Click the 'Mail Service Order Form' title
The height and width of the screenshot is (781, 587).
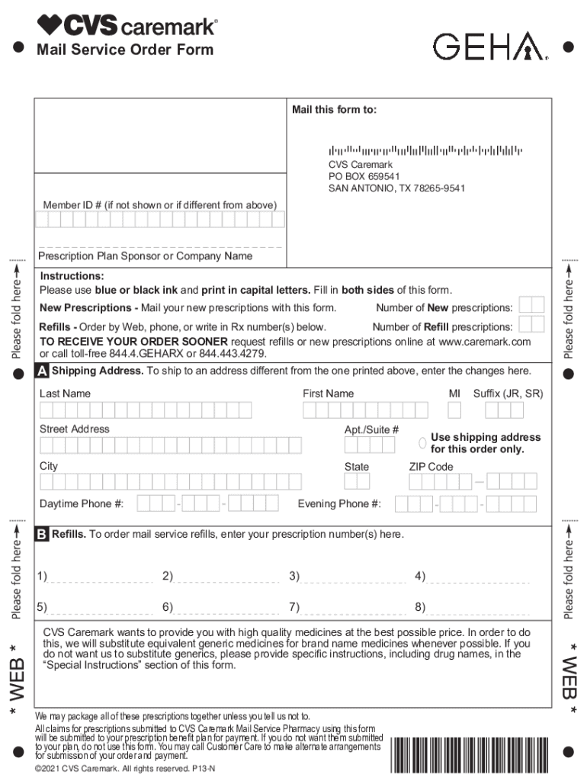pyautogui.click(x=125, y=50)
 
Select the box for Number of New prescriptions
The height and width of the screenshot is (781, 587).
pyautogui.click(x=531, y=305)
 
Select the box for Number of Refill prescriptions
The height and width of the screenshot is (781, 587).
pyautogui.click(x=531, y=325)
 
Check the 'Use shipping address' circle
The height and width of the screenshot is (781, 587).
pyautogui.click(x=422, y=443)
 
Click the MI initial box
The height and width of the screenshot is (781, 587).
pyautogui.click(x=454, y=410)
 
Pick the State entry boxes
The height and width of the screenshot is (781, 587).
pyautogui.click(x=357, y=481)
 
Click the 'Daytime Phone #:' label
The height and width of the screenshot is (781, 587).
pyautogui.click(x=82, y=504)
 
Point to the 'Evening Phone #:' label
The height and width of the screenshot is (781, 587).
pyautogui.click(x=339, y=504)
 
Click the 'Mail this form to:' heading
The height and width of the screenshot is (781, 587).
pyautogui.click(x=334, y=110)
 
